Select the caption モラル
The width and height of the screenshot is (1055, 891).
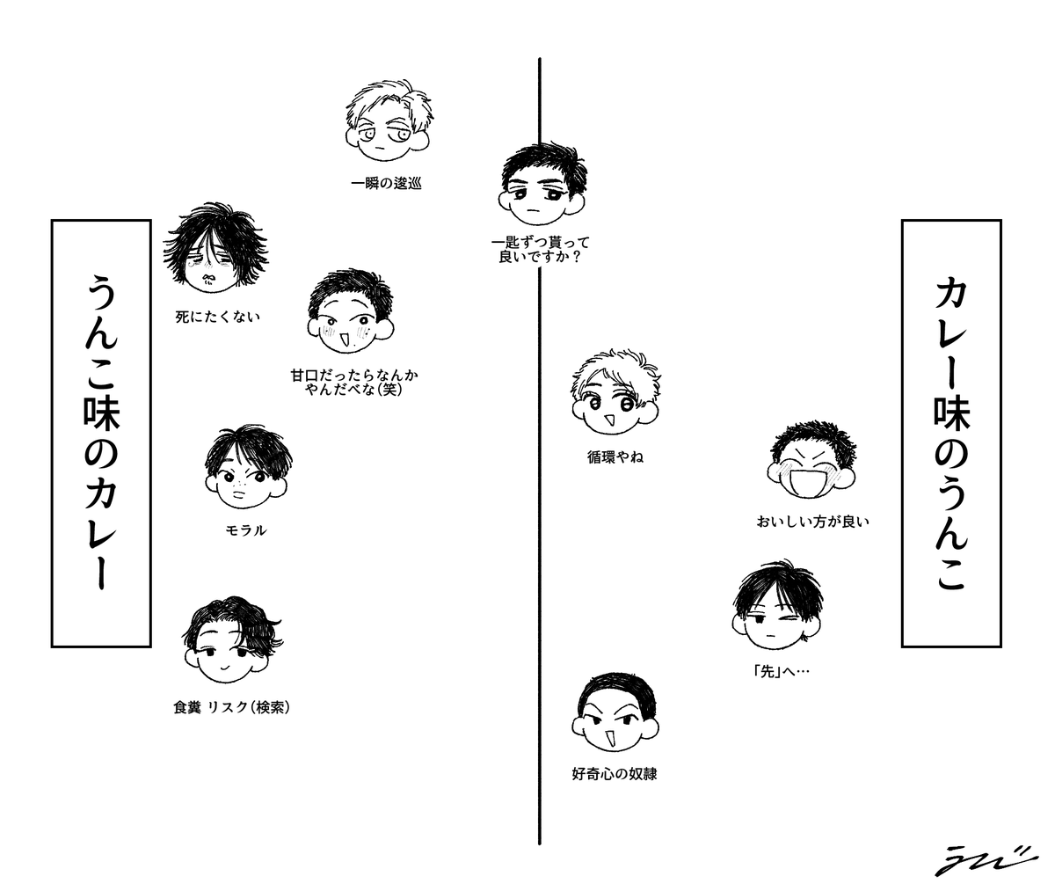pos(246,530)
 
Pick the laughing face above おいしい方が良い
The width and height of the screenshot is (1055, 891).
pos(811,466)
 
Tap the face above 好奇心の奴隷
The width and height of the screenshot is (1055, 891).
pos(615,716)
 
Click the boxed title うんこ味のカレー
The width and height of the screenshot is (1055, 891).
pos(99,433)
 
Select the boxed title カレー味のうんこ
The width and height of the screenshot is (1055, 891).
pos(951,433)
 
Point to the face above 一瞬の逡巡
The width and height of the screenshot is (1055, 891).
pos(387,123)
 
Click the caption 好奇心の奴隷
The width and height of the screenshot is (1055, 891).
pos(615,775)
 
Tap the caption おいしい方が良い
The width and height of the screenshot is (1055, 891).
pos(812,522)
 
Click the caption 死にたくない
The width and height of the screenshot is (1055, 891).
pos(217,317)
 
